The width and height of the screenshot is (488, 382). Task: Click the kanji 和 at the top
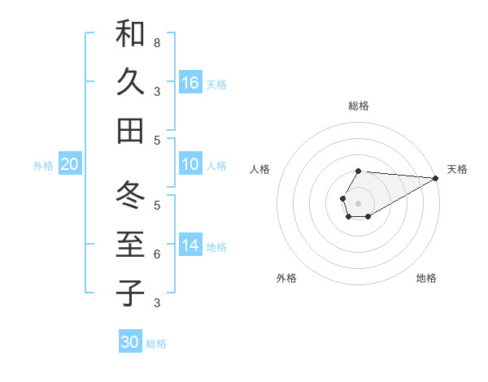(x=130, y=34)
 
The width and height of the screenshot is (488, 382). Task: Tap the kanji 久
(x=130, y=82)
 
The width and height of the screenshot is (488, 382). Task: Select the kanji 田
(x=130, y=130)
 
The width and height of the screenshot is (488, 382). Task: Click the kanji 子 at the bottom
(x=130, y=293)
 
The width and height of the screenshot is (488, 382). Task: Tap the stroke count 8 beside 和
(x=156, y=42)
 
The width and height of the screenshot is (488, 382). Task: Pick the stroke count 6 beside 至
(x=156, y=254)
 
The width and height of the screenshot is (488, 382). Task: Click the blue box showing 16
(x=190, y=83)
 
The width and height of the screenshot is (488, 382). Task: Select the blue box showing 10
(x=190, y=164)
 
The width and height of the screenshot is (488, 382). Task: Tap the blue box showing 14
(x=190, y=245)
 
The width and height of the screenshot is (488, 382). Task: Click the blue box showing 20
(x=70, y=165)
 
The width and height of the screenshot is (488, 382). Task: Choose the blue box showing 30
(x=130, y=342)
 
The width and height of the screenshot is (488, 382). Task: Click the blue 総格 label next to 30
(x=156, y=344)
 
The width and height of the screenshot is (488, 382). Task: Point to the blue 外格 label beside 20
(x=43, y=166)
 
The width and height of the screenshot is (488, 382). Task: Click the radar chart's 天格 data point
(x=436, y=178)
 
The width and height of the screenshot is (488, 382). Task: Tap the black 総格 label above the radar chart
(x=358, y=106)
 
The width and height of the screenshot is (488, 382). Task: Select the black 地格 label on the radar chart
(x=426, y=278)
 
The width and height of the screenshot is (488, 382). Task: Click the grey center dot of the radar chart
(x=358, y=202)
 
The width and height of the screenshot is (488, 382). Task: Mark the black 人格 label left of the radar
(x=260, y=169)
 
